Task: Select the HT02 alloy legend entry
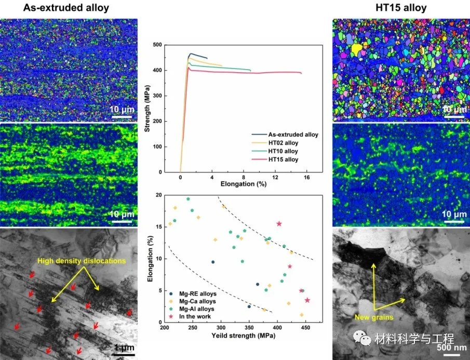pos(283,143)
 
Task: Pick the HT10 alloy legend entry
pos(283,151)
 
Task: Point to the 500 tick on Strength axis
pos(156,45)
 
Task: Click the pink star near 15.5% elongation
pos(279,223)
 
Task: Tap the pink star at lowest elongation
pos(307,300)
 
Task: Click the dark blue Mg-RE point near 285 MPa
pos(212,262)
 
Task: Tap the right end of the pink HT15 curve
pos(301,73)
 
